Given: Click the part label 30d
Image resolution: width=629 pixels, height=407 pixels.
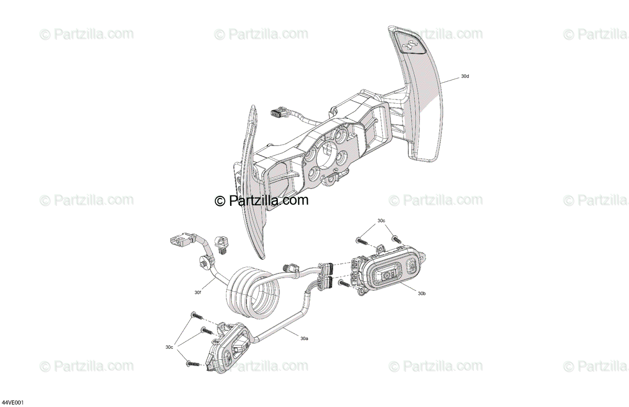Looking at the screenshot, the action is pyautogui.click(x=465, y=76).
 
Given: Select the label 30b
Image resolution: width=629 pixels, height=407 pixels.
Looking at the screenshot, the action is pyautogui.click(x=422, y=294).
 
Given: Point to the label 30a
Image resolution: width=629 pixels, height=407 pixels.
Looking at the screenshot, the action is pyautogui.click(x=304, y=338).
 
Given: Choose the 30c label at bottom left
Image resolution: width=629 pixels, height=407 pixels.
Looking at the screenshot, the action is pyautogui.click(x=169, y=347).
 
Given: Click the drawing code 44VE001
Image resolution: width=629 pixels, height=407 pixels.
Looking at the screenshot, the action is pyautogui.click(x=13, y=402).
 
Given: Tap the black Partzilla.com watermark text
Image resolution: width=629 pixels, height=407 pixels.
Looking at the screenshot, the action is pyautogui.click(x=262, y=200).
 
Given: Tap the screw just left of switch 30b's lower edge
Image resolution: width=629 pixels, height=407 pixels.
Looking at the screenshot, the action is pyautogui.click(x=344, y=283).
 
